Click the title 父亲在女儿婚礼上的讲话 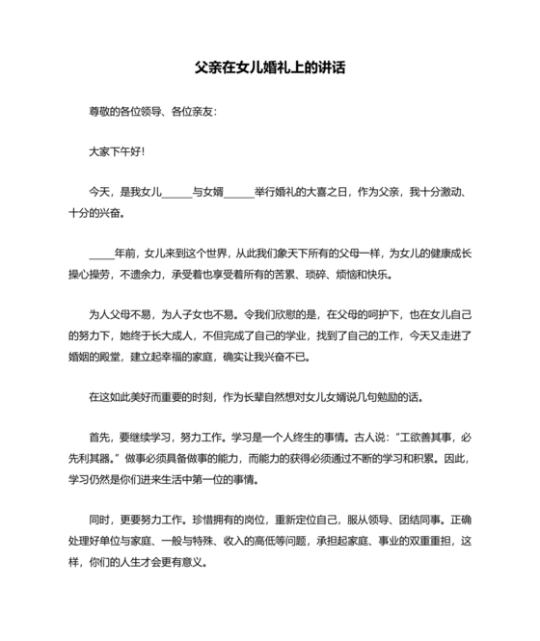click(270, 68)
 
